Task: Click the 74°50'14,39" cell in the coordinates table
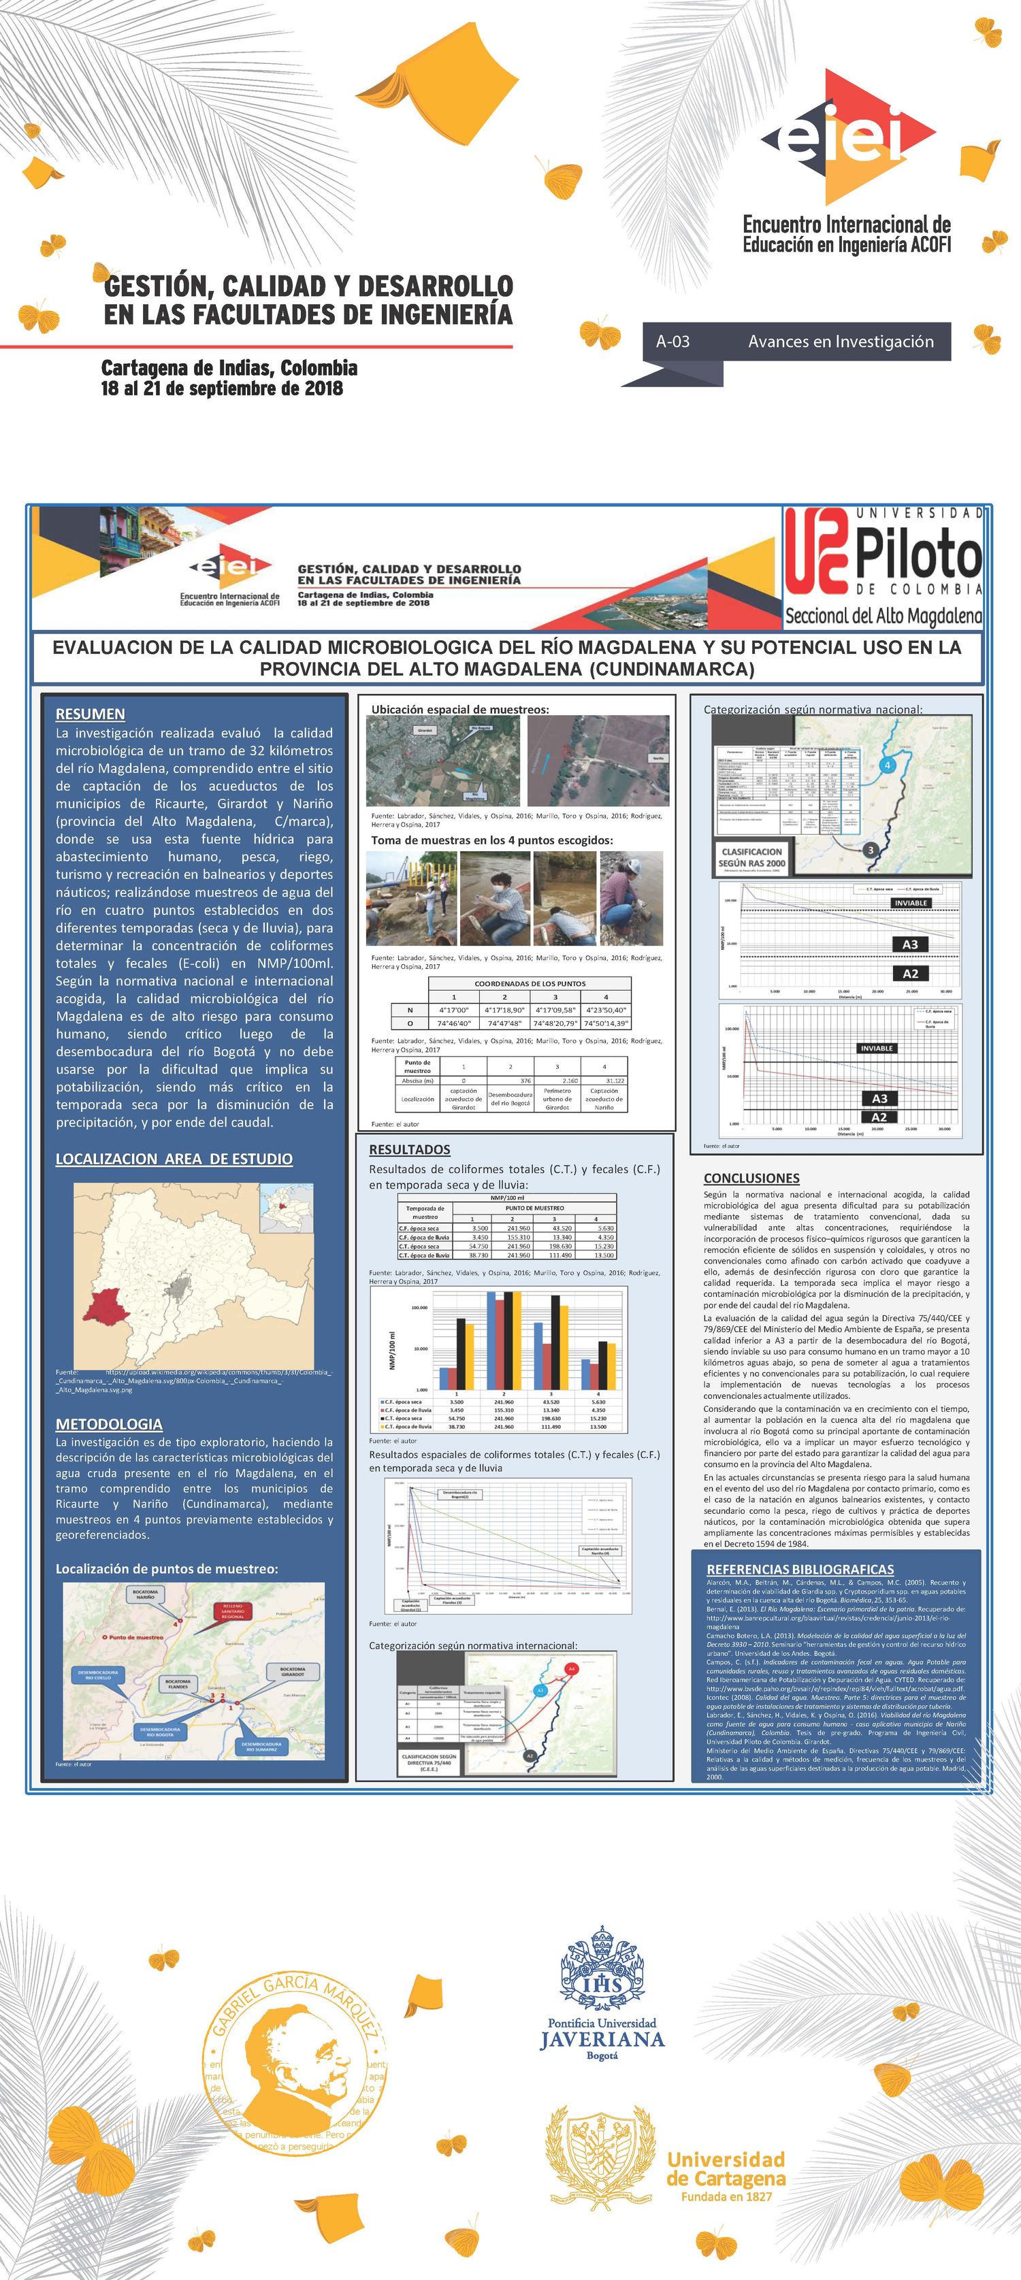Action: point(606,1023)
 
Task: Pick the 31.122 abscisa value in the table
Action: point(604,1080)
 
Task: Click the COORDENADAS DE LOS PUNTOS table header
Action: point(530,983)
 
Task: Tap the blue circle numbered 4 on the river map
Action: point(888,765)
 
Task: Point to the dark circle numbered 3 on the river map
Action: point(871,850)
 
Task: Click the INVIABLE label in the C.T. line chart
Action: point(909,903)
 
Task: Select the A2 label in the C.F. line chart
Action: point(879,1117)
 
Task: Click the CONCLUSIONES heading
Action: point(751,1178)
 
